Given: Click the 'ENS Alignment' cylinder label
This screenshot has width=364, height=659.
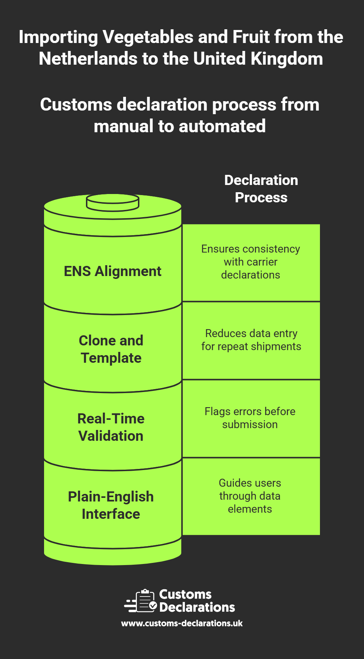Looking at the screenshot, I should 112,271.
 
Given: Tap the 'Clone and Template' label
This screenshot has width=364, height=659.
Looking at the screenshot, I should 111,349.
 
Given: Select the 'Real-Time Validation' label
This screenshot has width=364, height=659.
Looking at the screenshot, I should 111,427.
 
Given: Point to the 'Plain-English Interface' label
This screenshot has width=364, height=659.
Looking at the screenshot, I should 111,505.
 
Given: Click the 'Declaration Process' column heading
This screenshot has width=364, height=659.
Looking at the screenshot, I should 261,189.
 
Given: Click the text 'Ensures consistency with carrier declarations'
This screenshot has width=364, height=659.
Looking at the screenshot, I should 251,262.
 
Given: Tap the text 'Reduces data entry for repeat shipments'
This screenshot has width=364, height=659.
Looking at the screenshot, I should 251,340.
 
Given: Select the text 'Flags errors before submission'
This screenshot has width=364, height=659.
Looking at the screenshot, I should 250,418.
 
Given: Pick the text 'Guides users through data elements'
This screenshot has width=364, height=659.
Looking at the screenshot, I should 250,496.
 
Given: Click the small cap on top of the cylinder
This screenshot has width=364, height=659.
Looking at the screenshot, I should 113,202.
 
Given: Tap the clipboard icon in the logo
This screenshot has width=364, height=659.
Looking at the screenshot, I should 145,600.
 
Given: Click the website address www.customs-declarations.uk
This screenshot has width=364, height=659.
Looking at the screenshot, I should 182,623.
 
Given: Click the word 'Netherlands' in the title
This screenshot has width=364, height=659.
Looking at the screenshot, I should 88,59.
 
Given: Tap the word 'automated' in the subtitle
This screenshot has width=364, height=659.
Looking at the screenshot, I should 222,126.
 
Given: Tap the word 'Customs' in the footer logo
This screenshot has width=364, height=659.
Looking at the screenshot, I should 185,594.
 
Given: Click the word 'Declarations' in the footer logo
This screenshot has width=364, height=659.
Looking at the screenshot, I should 197,607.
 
